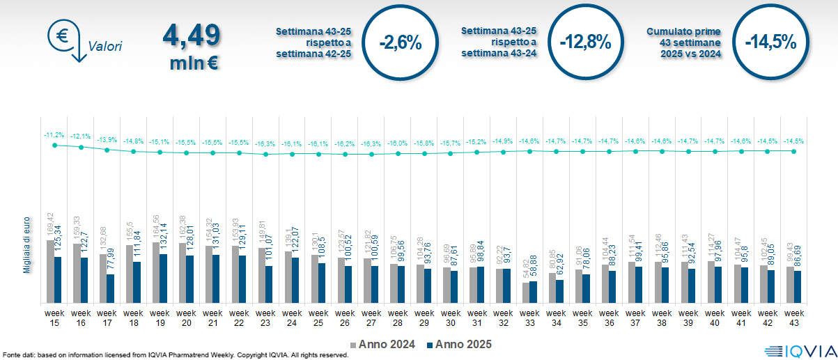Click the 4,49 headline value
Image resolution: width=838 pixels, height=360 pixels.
[x=191, y=35]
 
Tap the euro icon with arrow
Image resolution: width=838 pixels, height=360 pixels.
[x=65, y=38]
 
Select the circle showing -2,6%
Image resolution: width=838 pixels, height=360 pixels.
[x=401, y=42]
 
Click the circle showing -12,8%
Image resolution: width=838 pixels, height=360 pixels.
[x=585, y=42]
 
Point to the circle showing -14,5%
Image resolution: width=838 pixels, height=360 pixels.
[x=770, y=42]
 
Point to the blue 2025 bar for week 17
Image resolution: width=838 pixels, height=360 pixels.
[x=111, y=288]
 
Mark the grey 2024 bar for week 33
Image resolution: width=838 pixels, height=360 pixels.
[x=526, y=292]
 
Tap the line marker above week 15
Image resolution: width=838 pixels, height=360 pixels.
[x=54, y=145]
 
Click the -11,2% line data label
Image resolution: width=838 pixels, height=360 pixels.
[x=54, y=134]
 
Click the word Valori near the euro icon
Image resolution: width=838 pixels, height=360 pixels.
[x=105, y=47]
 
